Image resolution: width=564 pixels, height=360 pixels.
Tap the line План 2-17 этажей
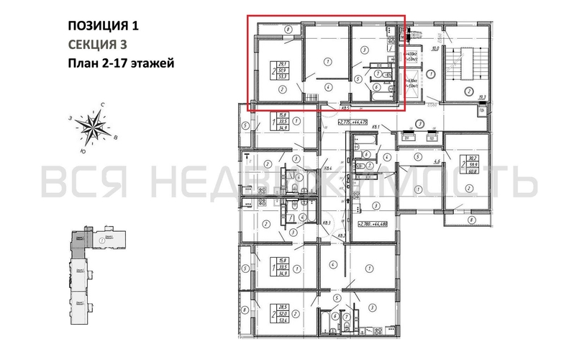pyautogui.click(x=120, y=63)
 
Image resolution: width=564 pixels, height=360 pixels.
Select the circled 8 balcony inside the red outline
pyautogui.click(x=287, y=30)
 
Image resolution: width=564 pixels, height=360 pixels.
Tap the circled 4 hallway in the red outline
pyautogui.click(x=329, y=87)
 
